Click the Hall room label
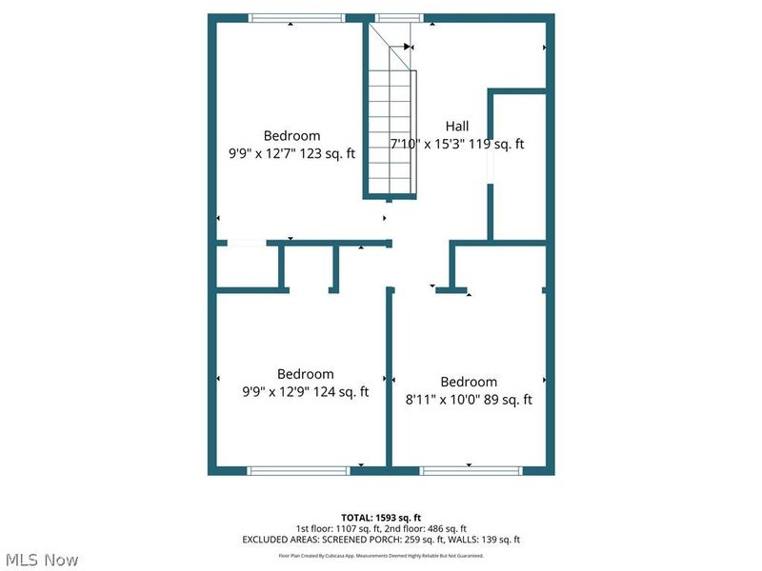(456, 127)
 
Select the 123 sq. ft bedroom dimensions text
(291, 153)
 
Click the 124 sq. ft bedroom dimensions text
(305, 391)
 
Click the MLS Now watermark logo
(43, 560)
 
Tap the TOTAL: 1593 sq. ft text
(381, 518)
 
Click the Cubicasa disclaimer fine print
(381, 554)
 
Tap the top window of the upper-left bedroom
(295, 17)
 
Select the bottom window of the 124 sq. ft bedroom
(298, 470)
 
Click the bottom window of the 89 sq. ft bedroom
(471, 470)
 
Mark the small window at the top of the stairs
(398, 17)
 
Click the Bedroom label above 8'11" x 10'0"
(469, 382)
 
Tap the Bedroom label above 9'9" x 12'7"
(291, 135)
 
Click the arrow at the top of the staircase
(408, 46)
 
